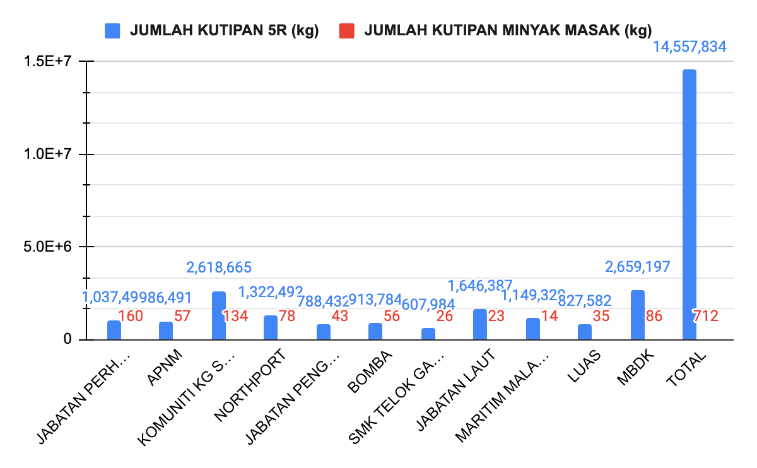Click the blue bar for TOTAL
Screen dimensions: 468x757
pos(690,204)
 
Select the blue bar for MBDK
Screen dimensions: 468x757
pos(637,315)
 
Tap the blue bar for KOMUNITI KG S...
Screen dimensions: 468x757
pos(218,315)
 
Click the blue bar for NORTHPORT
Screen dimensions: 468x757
pos(271,327)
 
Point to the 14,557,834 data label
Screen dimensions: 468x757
pos(690,47)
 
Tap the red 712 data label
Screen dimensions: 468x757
pos(705,316)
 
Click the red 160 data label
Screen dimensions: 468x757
pos(131,316)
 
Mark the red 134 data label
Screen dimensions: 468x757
pos(235,316)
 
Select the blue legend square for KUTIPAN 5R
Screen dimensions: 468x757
pos(112,30)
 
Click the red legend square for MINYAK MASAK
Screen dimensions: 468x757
pos(346,30)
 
